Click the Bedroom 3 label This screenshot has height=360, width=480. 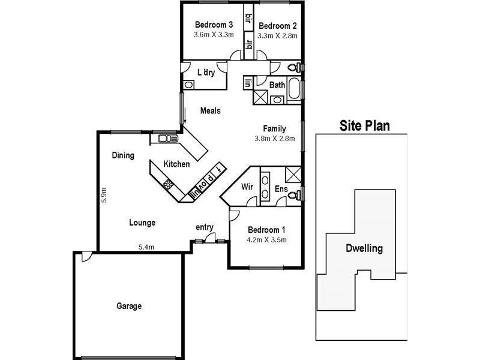pos(214,25)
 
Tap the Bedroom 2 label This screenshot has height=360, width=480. pos(278,26)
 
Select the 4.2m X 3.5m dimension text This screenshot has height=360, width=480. pos(267,240)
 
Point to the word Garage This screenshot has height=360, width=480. pos(129,306)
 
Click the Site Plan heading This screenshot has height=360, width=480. pos(365,125)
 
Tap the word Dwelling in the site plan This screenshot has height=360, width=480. pos(364,248)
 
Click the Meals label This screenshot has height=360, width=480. pos(210,111)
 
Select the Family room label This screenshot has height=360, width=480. pos(274,128)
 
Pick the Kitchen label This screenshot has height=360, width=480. pos(176,164)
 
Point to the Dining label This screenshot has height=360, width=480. pos(122,155)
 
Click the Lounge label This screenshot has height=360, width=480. pos(142,223)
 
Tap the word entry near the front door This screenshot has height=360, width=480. pos(205,227)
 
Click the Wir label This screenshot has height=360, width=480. pos(247,187)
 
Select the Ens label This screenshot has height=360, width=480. pos(281,189)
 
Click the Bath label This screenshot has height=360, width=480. pos(277,85)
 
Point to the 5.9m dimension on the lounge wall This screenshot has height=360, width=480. pos(104,196)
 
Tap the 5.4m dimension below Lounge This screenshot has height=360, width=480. pos(146,247)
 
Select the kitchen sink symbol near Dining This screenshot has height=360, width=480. pos(164,139)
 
